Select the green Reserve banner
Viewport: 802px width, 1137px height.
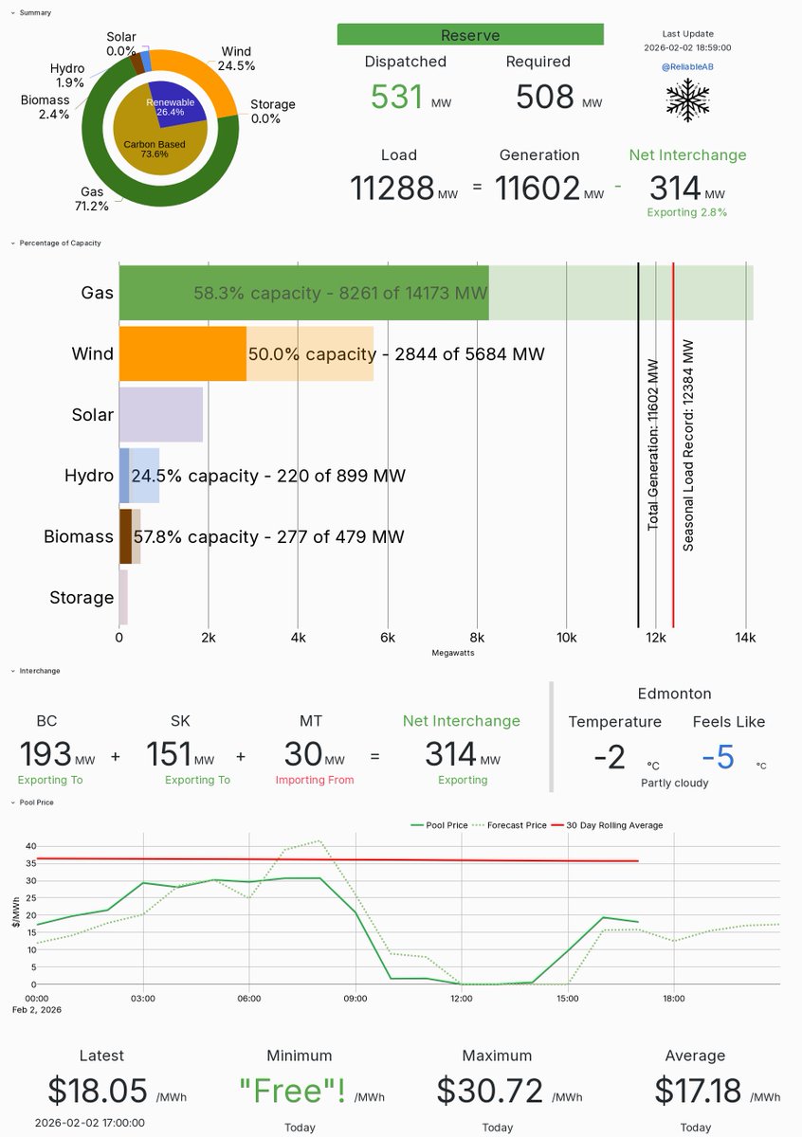[470, 35]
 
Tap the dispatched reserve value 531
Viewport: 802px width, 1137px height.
[396, 97]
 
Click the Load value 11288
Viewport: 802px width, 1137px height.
[392, 188]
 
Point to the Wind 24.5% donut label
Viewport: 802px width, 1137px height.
[237, 59]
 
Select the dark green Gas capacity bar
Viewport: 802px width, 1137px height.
[303, 293]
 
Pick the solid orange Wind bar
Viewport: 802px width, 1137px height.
[182, 353]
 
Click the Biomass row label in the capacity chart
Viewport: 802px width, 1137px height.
[79, 536]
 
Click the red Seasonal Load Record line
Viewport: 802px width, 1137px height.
[673, 445]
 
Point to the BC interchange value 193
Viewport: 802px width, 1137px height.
[46, 755]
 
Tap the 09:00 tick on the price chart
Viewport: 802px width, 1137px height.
[355, 998]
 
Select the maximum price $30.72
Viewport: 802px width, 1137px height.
[489, 1091]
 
